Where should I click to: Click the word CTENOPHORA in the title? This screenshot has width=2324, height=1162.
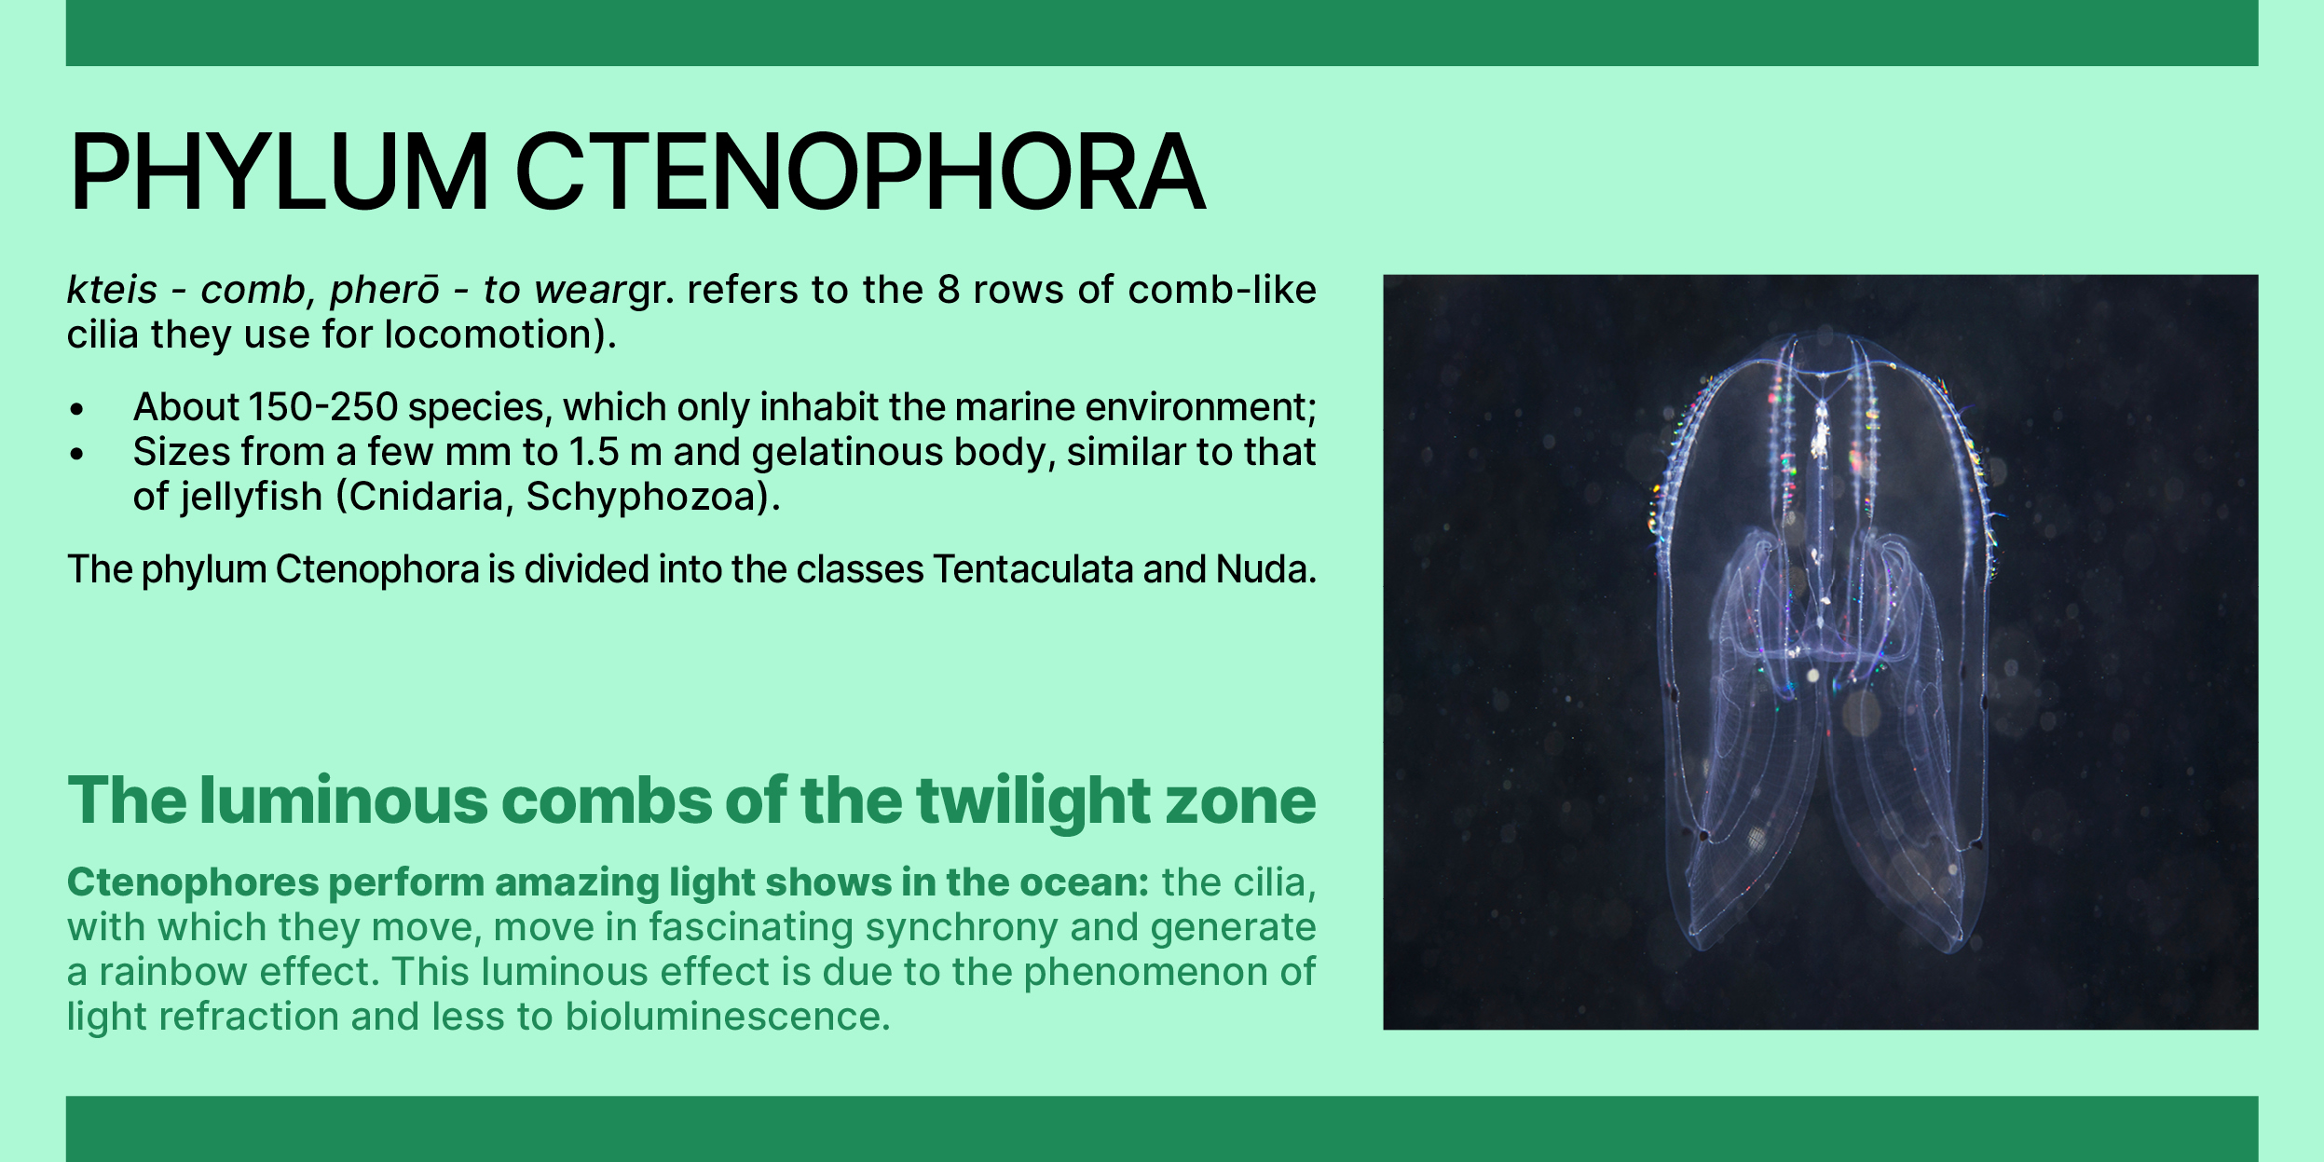(860, 172)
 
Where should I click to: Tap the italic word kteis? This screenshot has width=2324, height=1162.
(112, 290)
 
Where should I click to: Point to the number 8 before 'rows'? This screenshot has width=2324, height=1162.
(949, 290)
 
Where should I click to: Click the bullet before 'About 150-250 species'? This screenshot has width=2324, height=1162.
(77, 408)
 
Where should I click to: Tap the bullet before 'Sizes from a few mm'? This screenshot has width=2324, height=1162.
(77, 454)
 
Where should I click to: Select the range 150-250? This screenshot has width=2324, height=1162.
(323, 407)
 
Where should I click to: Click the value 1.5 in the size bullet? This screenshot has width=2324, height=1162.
(595, 452)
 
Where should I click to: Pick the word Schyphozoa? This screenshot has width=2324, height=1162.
(643, 497)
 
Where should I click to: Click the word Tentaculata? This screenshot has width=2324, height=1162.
(1032, 569)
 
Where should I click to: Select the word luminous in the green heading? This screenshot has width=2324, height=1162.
(343, 800)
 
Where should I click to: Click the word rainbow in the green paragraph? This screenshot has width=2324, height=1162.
(173, 972)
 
